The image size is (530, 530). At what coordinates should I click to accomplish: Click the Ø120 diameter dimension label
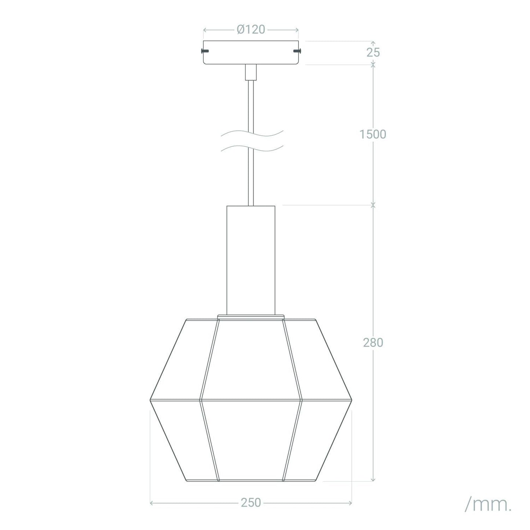tap(251, 29)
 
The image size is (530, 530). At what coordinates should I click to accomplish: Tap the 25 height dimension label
tap(373, 52)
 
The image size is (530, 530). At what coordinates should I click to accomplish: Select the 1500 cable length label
tap(373, 134)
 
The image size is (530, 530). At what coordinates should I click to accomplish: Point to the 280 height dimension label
tap(373, 343)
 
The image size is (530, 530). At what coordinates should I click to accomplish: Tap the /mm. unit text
tap(488, 505)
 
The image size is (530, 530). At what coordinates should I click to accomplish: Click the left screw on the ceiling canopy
tap(205, 51)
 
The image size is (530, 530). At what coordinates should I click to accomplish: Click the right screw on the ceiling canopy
tap(297, 51)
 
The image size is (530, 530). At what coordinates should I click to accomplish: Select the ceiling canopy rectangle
tap(251, 52)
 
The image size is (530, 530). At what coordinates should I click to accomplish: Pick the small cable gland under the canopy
tap(251, 72)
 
